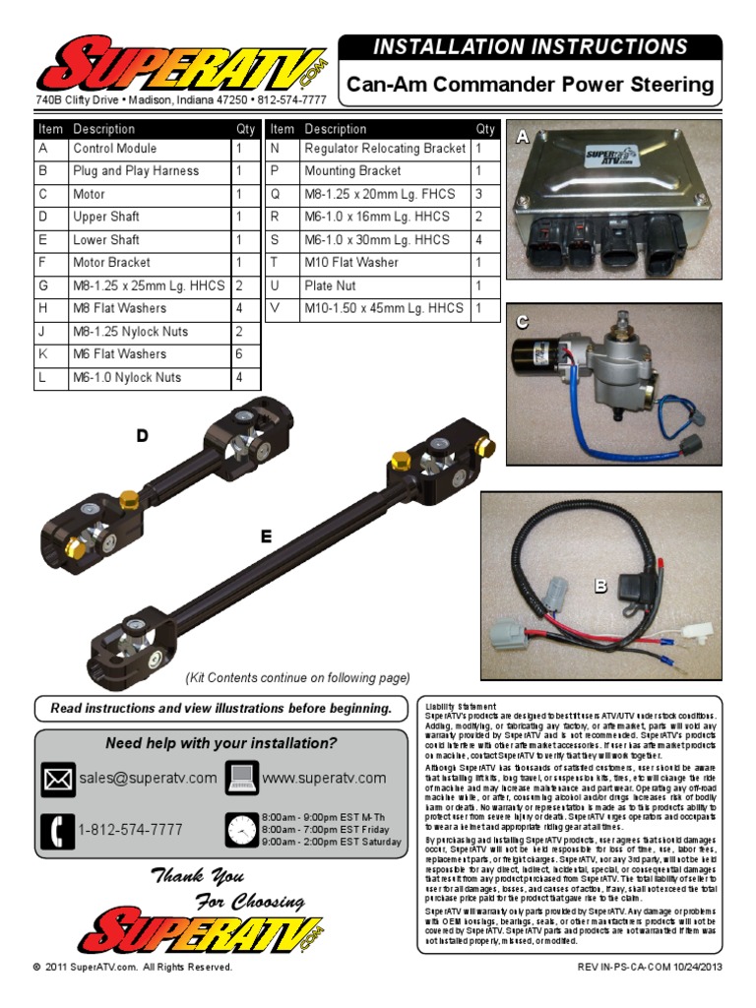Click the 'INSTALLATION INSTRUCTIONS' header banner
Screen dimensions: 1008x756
click(x=531, y=47)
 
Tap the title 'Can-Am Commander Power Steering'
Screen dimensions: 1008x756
click(x=531, y=86)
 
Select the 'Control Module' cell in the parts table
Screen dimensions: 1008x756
click(x=114, y=149)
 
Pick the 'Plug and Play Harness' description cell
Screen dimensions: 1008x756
click(x=135, y=171)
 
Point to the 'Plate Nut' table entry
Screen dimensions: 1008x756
click(x=333, y=285)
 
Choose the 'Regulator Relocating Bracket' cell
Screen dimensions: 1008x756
click(x=385, y=149)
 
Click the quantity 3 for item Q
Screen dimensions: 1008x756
click(x=478, y=194)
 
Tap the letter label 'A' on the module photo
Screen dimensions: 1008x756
click(x=523, y=140)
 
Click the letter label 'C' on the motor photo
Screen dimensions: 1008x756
click(x=523, y=322)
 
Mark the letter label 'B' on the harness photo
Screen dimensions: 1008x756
click(x=600, y=587)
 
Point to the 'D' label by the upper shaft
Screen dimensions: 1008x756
click(x=143, y=436)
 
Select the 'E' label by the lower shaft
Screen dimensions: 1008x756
click(x=266, y=536)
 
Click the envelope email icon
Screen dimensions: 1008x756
click(x=58, y=779)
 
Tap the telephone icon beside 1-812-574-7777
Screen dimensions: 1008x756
click(x=58, y=831)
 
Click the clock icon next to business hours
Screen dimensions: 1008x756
click(x=241, y=831)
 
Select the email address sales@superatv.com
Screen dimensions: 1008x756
click(x=149, y=779)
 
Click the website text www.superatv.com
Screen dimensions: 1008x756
click(x=324, y=779)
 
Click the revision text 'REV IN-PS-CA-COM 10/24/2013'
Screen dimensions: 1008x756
click(x=649, y=968)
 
